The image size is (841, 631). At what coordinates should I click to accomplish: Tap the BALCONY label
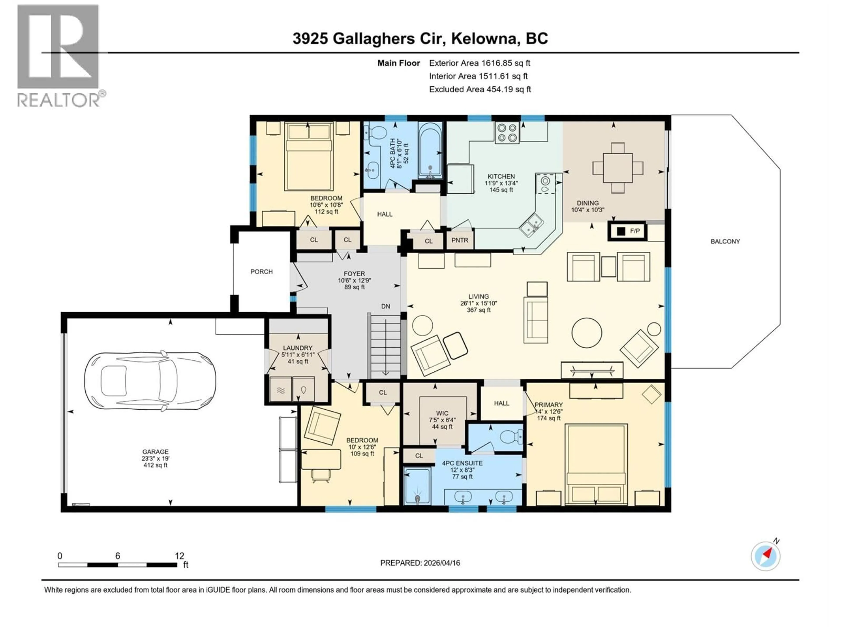725,241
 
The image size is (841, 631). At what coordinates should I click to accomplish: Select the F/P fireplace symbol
627,231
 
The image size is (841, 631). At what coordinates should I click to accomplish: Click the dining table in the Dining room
617,167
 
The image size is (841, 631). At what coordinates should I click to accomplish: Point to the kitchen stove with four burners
507,133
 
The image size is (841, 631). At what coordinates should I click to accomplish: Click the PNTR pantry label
460,240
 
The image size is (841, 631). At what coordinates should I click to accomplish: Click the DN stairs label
385,306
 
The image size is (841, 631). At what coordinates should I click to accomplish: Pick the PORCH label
261,271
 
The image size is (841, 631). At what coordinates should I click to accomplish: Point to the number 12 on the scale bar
179,556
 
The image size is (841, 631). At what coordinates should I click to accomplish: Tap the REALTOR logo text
59,100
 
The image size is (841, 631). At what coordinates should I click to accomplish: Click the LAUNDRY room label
297,348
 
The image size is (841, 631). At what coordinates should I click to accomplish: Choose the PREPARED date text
420,563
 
